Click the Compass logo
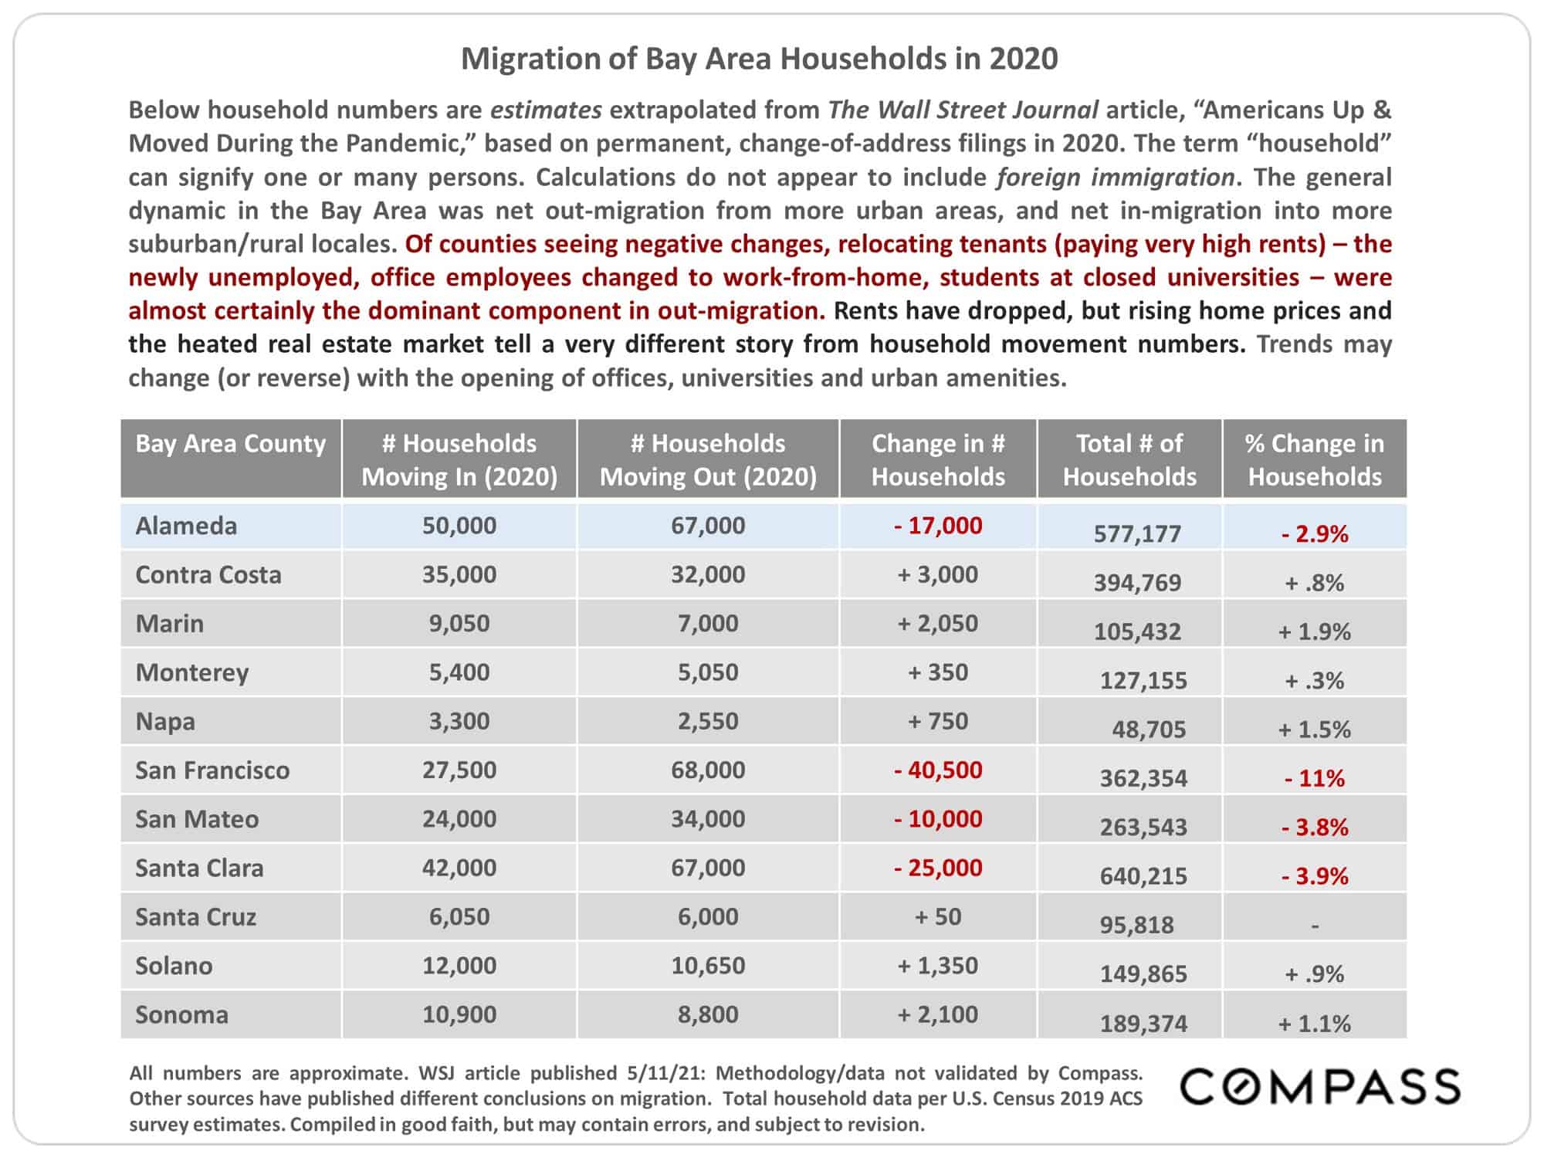coord(1321,1086)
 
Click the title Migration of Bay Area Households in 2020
coord(760,59)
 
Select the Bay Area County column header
coord(231,443)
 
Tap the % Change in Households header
coord(1315,459)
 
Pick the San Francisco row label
coord(212,770)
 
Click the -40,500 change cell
coord(938,770)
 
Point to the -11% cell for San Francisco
coord(1315,777)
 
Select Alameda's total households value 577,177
coord(1137,533)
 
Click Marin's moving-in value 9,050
coord(459,623)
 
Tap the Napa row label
coord(165,722)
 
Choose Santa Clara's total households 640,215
coord(1143,875)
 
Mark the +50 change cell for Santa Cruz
coord(938,916)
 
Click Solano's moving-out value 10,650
coord(708,965)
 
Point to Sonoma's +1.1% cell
coord(1315,1023)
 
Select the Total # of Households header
coord(1129,459)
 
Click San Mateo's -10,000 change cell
coord(938,818)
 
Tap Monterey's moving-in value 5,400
coord(459,672)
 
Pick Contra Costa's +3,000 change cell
coord(938,574)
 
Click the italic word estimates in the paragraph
coord(546,110)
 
